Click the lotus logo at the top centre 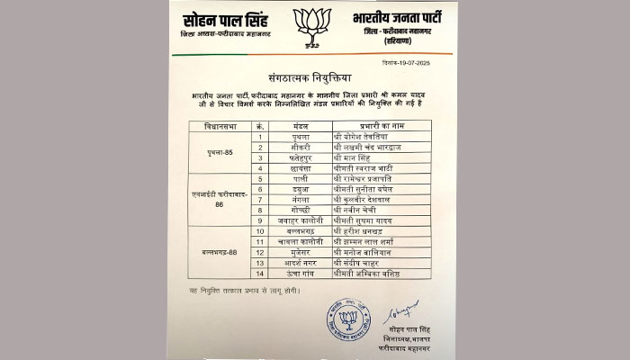point(313,26)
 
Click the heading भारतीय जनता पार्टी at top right point(401,18)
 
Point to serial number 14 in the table point(260,273)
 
